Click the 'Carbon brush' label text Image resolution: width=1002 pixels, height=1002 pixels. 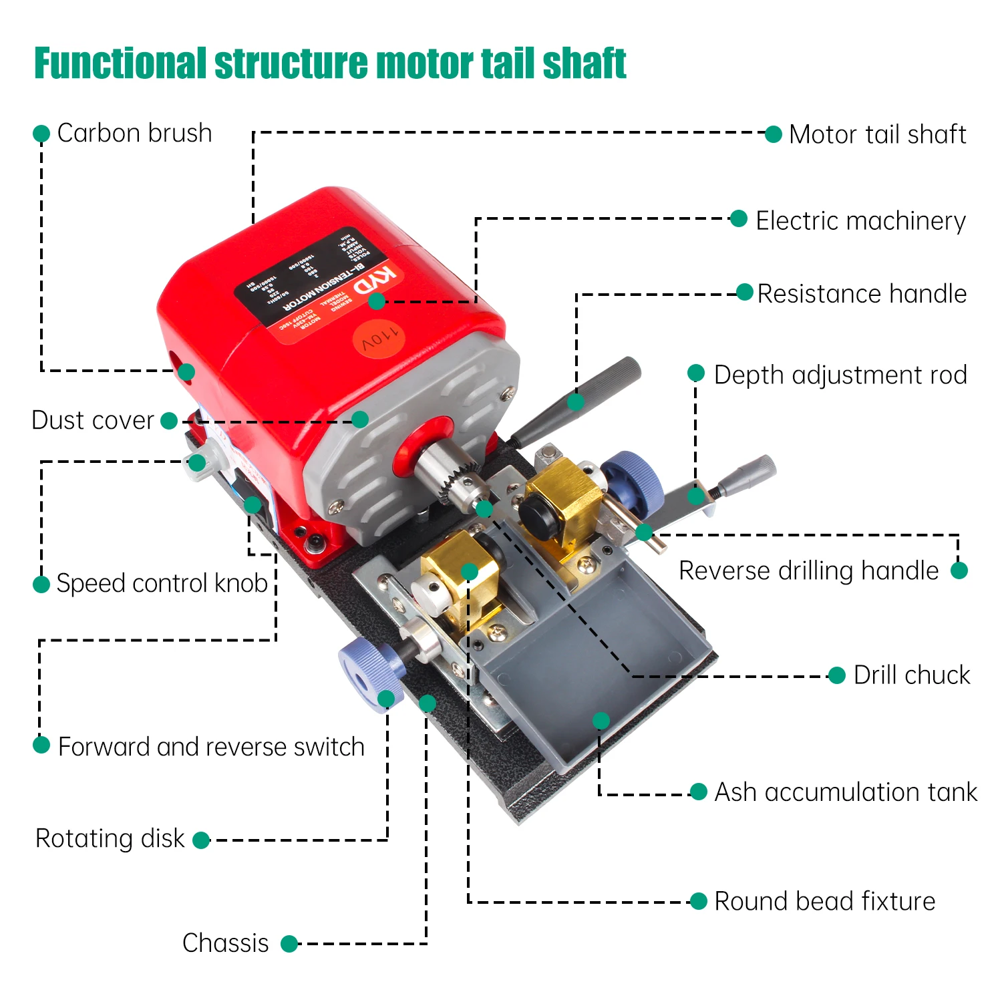pyautogui.click(x=134, y=133)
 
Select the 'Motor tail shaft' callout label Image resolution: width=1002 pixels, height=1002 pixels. pyautogui.click(x=877, y=134)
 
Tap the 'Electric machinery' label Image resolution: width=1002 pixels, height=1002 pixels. pyautogui.click(x=860, y=220)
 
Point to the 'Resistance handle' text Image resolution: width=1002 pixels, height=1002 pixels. pyautogui.click(x=862, y=294)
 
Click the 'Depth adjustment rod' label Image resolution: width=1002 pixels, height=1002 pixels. pyautogui.click(x=840, y=375)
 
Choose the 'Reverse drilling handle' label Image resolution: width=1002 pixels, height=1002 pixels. pyautogui.click(x=808, y=570)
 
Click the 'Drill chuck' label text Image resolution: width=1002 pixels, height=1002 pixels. pyautogui.click(x=911, y=675)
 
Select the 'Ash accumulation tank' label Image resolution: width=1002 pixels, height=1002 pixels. pyautogui.click(x=845, y=792)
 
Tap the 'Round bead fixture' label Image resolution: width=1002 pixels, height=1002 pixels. pyautogui.click(x=824, y=901)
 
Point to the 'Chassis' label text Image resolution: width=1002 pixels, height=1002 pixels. pyautogui.click(x=225, y=943)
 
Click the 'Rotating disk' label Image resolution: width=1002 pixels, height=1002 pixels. pyautogui.click(x=110, y=838)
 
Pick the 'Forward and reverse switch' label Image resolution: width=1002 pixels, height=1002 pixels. pyautogui.click(x=211, y=746)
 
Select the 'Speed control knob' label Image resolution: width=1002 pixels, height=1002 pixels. pyautogui.click(x=162, y=583)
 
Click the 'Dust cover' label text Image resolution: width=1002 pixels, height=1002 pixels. pyautogui.click(x=93, y=420)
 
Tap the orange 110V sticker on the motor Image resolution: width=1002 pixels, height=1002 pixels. pyautogui.click(x=379, y=339)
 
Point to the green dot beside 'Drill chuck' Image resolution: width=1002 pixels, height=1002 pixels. pyautogui.click(x=836, y=675)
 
